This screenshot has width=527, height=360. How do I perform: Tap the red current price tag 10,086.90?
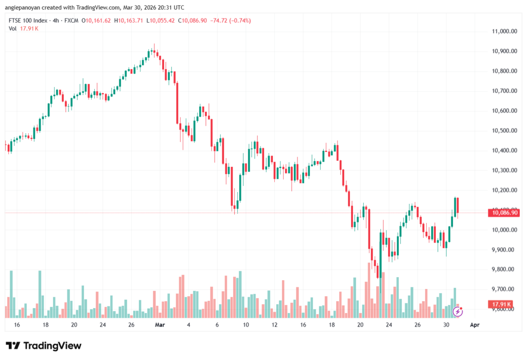click(505, 212)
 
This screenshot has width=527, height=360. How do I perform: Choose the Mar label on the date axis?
click(160, 325)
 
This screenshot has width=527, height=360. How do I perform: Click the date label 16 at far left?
click(17, 325)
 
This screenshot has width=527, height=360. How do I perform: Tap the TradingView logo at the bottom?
click(44, 346)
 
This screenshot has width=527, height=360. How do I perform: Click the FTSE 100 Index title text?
click(29, 20)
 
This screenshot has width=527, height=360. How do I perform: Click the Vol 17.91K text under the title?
click(23, 28)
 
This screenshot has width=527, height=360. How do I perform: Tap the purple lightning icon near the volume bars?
click(458, 312)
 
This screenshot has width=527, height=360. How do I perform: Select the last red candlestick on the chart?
click(458, 205)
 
